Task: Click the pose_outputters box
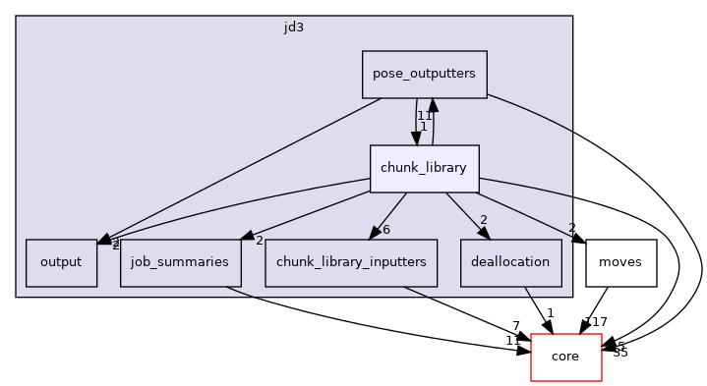[425, 75]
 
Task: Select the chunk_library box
[424, 169]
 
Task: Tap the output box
[61, 263]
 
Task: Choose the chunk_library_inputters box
[350, 263]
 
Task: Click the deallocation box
[510, 263]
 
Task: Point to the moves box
[620, 263]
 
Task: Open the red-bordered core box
[565, 357]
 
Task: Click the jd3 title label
[293, 27]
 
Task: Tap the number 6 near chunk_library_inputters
[387, 229]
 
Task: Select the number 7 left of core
[515, 326]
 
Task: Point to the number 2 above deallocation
[484, 220]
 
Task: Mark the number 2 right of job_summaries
[259, 240]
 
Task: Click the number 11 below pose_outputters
[424, 115]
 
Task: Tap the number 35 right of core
[619, 352]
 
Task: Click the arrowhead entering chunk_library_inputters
[372, 233]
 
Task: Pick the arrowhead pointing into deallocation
[483, 232]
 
